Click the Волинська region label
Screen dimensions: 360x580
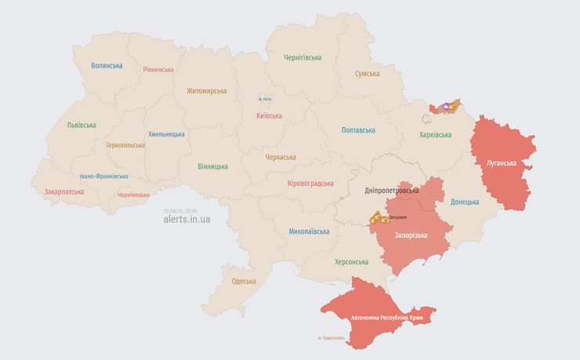(x=107, y=66)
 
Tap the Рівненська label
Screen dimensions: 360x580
(x=158, y=69)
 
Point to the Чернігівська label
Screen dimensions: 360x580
(x=303, y=57)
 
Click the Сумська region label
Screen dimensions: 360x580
(x=367, y=74)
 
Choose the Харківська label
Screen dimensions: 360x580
(x=435, y=135)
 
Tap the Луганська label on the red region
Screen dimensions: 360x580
(x=501, y=163)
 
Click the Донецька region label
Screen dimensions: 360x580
(x=465, y=202)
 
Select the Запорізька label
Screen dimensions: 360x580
(x=411, y=235)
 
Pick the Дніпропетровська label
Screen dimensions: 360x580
(x=392, y=191)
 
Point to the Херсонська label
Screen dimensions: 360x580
(x=351, y=262)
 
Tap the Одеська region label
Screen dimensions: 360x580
(x=244, y=282)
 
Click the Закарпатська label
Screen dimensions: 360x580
(x=63, y=191)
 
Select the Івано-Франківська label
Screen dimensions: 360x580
(x=103, y=176)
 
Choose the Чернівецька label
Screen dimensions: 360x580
(x=133, y=195)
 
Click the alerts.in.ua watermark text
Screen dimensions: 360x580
(x=187, y=220)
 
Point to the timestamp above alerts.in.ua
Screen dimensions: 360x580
(x=180, y=210)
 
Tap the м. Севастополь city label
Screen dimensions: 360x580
(x=331, y=338)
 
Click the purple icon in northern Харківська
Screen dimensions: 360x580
(x=446, y=106)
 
